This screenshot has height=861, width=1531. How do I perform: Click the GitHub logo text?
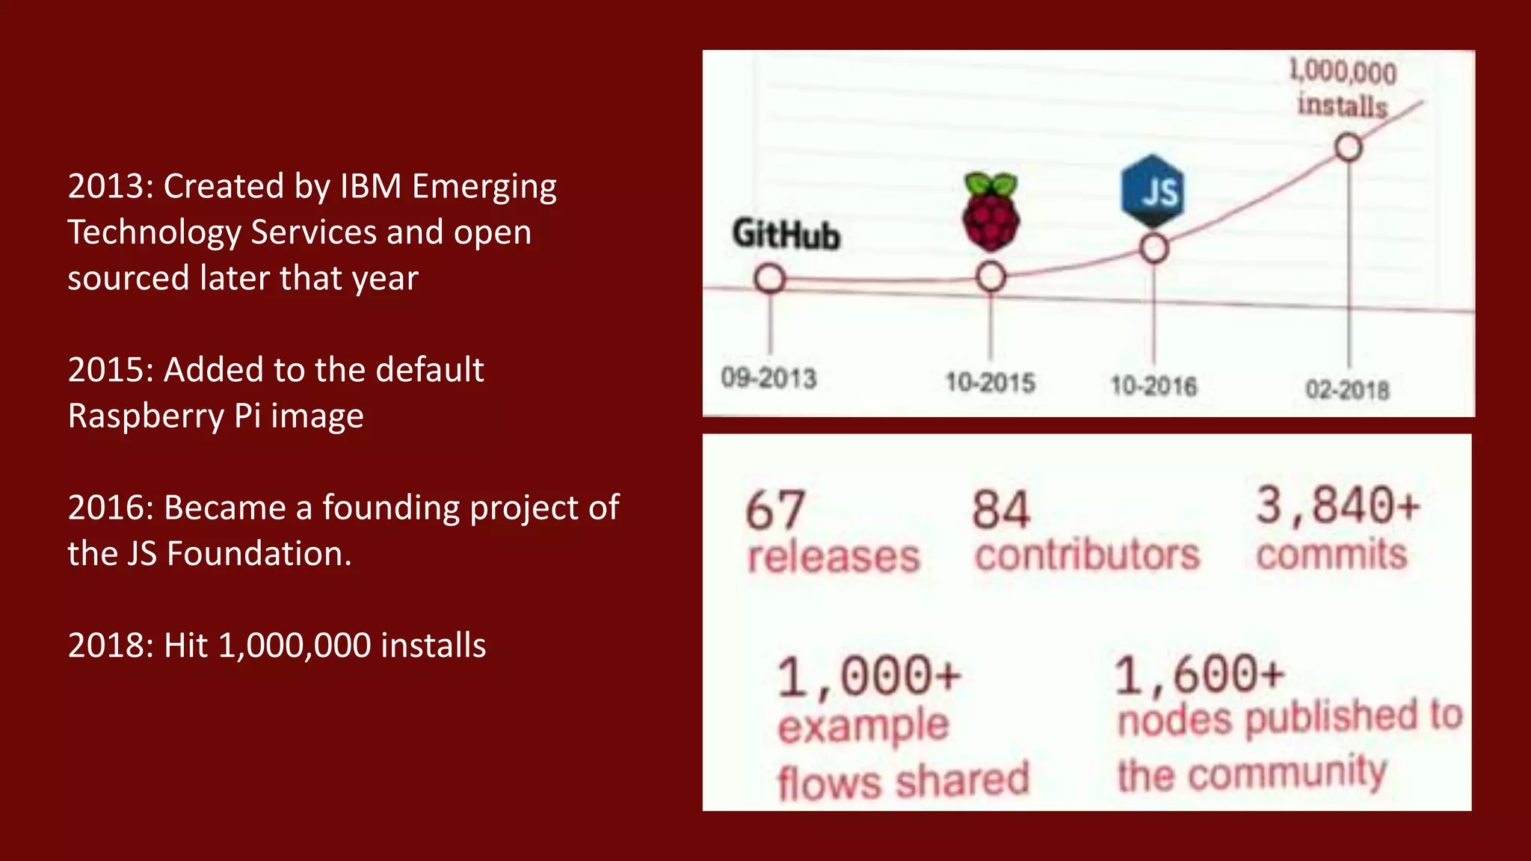[786, 234]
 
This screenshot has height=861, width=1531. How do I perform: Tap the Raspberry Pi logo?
[991, 212]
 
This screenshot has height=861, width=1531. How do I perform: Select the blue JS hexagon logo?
[1153, 191]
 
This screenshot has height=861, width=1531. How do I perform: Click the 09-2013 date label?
[768, 378]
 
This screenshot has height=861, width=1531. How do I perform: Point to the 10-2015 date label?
[990, 383]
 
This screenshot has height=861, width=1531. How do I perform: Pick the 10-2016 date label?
[1153, 386]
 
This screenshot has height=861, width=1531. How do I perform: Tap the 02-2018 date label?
[1347, 389]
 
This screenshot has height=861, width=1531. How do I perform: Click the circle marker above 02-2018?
[1349, 147]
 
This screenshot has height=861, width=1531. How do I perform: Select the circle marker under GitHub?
[769, 279]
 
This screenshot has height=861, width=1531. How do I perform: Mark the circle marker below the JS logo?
[1154, 248]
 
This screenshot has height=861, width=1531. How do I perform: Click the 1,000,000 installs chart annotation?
[1343, 88]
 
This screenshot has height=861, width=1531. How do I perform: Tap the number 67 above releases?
[775, 510]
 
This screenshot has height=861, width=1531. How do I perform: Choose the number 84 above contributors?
[1001, 510]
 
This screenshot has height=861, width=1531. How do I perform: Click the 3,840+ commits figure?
[1337, 505]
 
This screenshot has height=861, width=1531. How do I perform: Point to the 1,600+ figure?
[1199, 674]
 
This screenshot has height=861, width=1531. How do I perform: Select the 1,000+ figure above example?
[869, 676]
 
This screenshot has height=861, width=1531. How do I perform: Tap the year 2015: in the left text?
[111, 370]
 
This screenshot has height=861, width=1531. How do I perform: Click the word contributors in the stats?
[1087, 555]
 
